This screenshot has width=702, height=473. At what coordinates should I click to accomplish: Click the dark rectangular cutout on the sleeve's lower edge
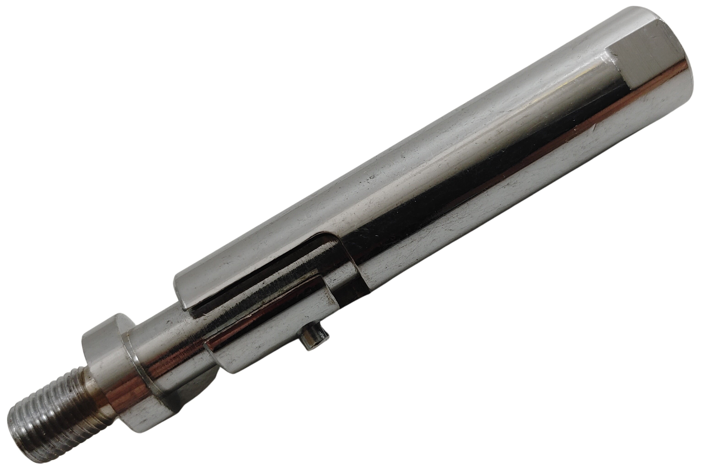pyautogui.click(x=353, y=287)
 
